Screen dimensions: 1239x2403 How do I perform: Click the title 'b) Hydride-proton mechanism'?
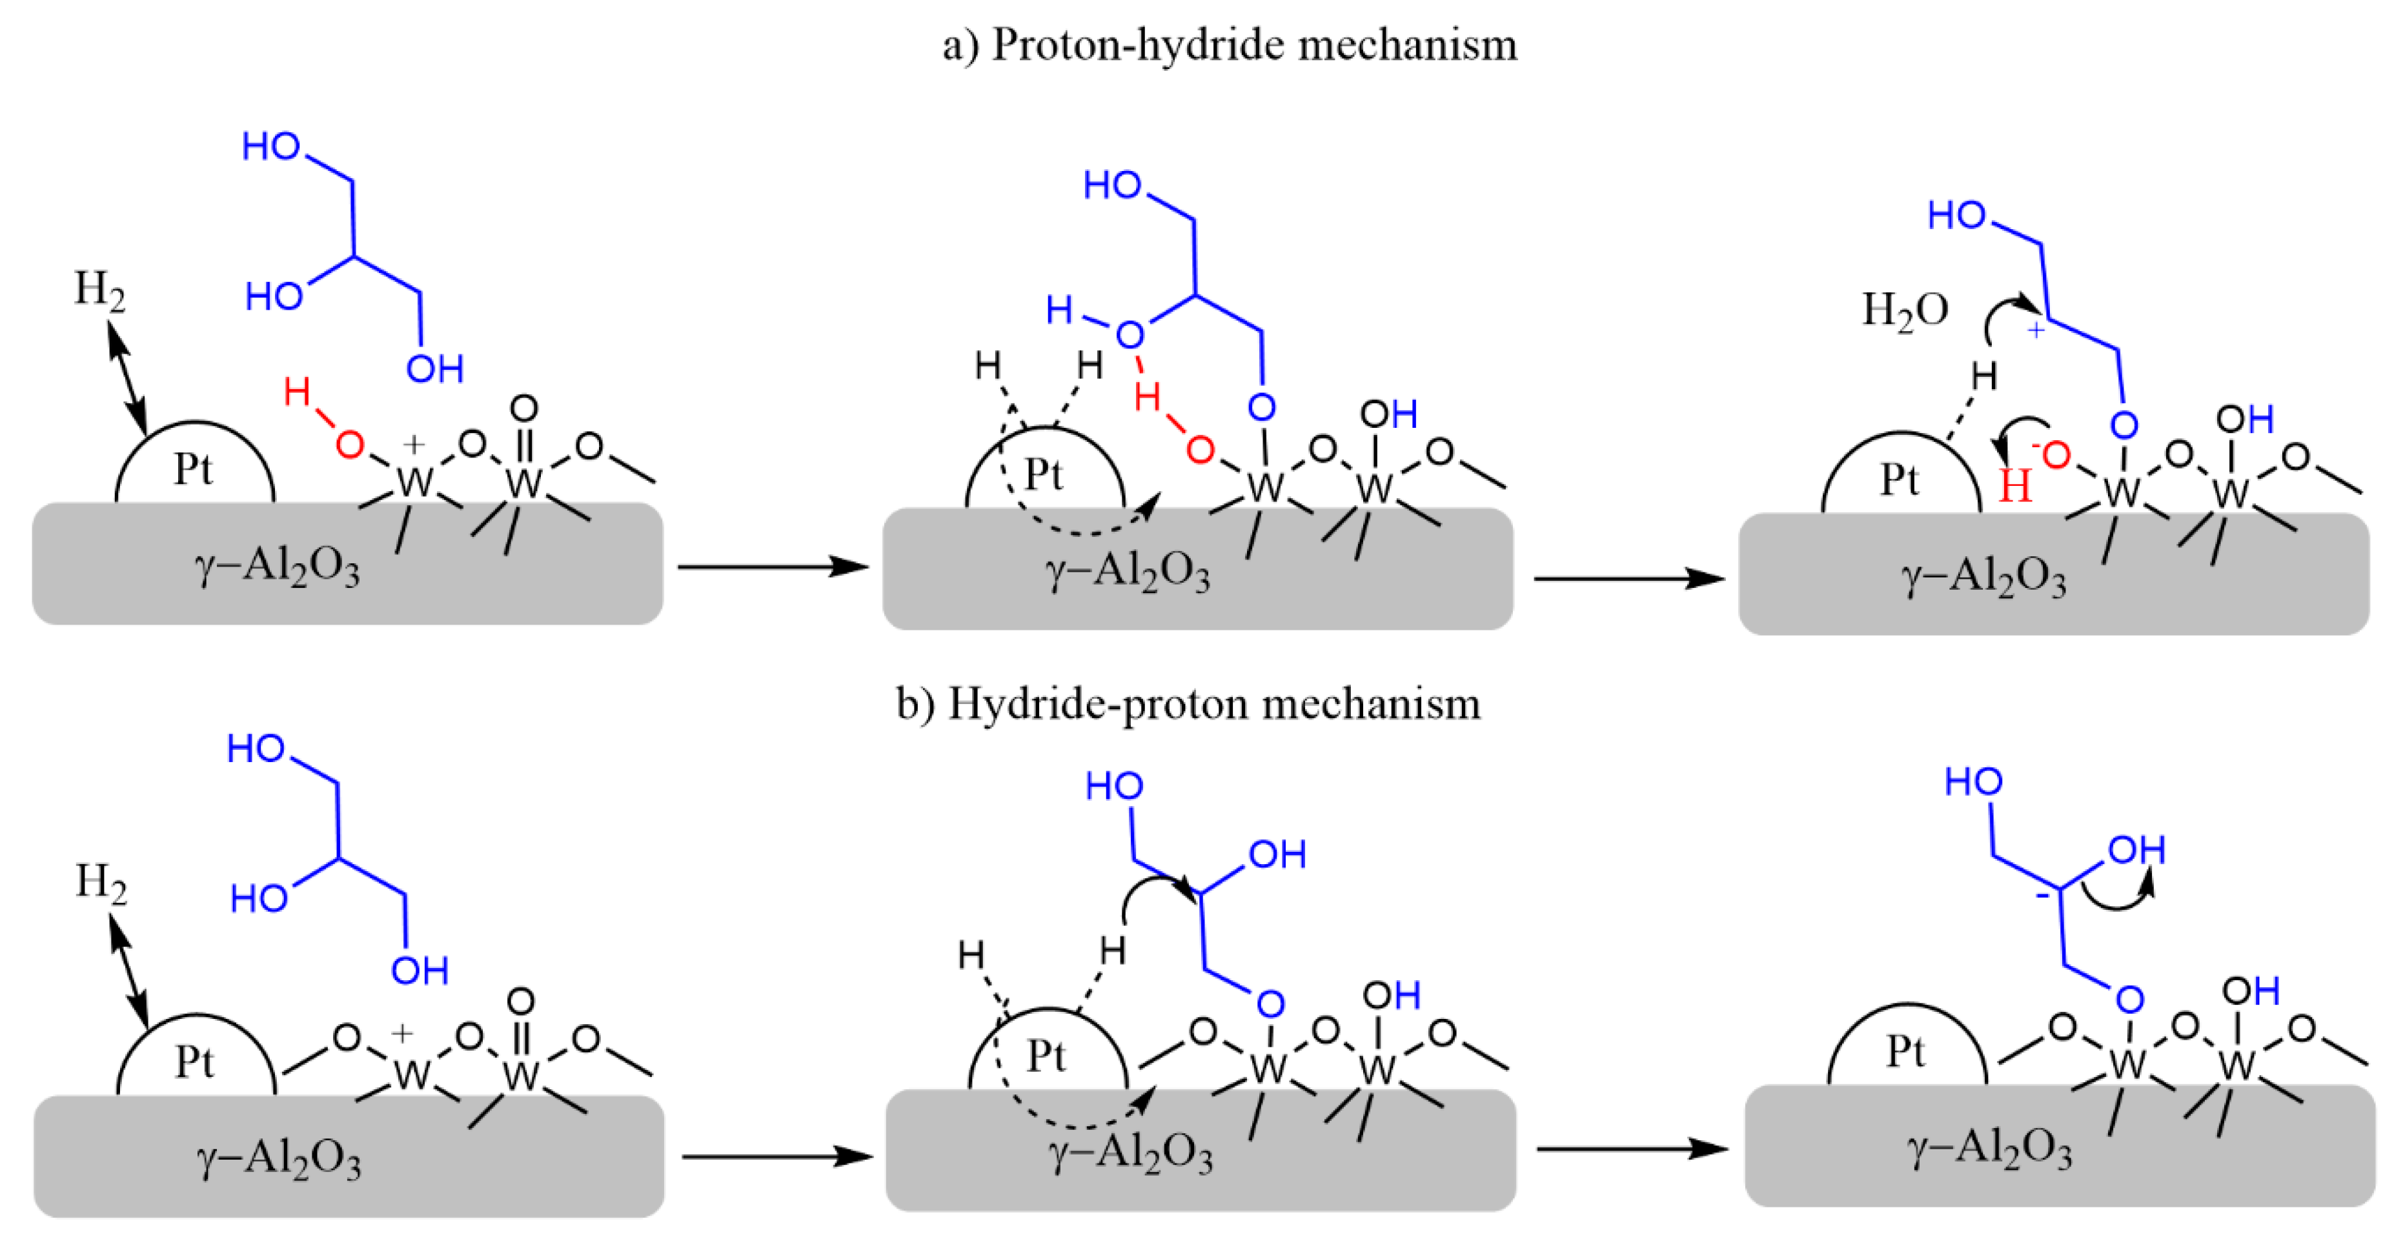(1188, 703)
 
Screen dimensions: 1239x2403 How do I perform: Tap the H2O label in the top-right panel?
(1904, 310)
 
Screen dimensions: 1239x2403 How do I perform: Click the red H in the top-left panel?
(297, 392)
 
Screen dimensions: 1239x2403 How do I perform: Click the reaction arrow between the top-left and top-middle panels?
(773, 567)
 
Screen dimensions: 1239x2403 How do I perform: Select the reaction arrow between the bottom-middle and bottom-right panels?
(1632, 1149)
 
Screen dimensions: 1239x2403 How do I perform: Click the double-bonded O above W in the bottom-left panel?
(520, 1001)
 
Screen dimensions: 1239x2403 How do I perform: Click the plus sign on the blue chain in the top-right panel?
(2036, 329)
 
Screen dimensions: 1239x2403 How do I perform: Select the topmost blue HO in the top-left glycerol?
(270, 146)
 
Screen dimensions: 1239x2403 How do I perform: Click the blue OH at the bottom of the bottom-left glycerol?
(420, 971)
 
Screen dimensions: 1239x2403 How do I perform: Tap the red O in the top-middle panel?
(1200, 450)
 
